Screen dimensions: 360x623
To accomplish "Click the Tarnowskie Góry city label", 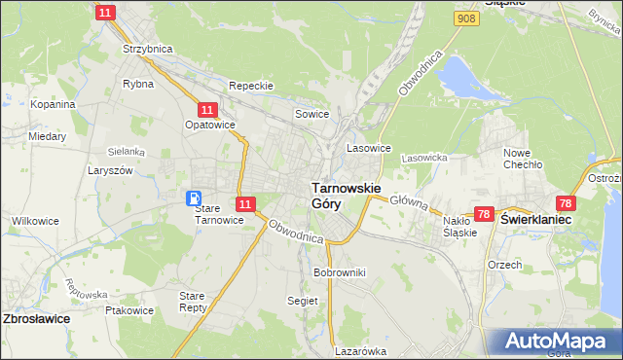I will point(345,196).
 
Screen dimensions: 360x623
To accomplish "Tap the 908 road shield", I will point(466,18).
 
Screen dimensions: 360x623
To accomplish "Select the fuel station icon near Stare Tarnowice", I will point(195,198).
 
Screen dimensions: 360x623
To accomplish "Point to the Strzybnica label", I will point(146,48).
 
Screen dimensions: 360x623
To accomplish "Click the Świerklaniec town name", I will point(535,221).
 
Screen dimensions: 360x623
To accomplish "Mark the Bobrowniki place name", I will point(339,272).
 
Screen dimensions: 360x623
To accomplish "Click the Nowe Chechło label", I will point(522,159).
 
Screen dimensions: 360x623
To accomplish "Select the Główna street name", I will point(409,201).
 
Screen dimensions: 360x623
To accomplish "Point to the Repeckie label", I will point(251,86).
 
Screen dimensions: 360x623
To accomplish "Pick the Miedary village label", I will point(47,137).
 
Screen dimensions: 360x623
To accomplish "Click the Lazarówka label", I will point(360,351).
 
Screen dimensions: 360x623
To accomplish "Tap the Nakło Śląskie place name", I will point(459,227).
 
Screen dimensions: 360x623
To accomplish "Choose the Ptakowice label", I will point(129,311).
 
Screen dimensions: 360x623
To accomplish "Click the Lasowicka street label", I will point(423,157).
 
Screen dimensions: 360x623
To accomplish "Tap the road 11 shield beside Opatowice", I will point(207,110).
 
